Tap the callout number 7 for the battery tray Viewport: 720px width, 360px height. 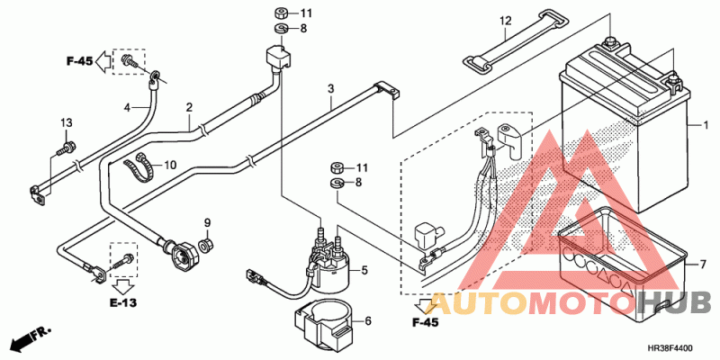pyautogui.click(x=692, y=265)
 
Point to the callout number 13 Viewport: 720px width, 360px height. pyautogui.click(x=66, y=122)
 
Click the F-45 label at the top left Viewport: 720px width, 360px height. pyautogui.click(x=79, y=60)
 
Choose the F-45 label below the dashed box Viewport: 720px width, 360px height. pyautogui.click(x=425, y=321)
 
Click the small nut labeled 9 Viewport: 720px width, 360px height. pyautogui.click(x=206, y=244)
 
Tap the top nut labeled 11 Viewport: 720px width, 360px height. pyautogui.click(x=280, y=13)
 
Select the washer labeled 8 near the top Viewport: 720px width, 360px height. pyautogui.click(x=280, y=30)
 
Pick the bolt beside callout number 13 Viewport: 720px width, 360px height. pyautogui.click(x=66, y=147)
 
